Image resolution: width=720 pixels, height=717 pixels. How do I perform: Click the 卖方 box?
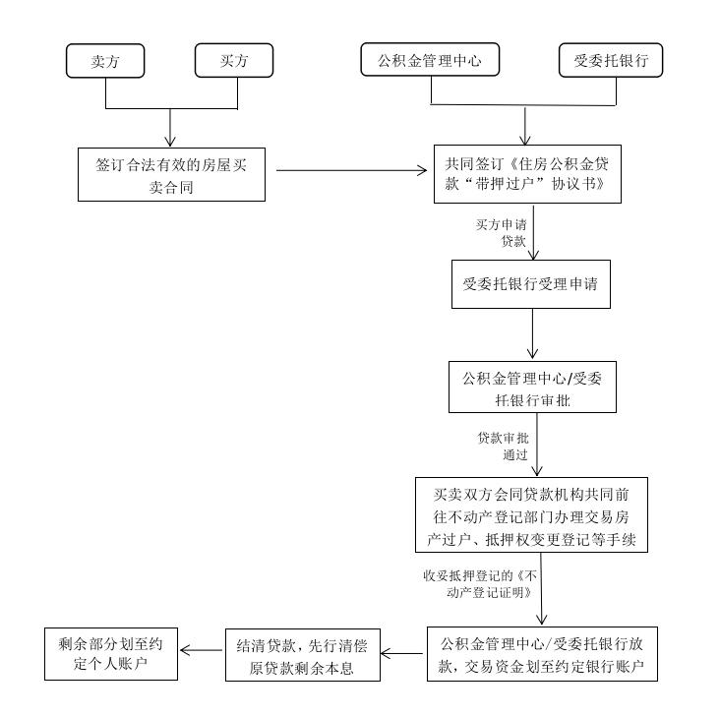(105, 61)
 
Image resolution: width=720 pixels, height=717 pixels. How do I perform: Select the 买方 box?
(234, 60)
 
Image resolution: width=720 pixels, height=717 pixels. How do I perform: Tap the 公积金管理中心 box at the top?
(430, 59)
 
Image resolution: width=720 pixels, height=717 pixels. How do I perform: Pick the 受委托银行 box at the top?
(611, 60)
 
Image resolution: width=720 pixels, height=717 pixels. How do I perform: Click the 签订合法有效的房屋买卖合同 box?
(171, 174)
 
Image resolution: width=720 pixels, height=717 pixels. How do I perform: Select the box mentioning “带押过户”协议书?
(527, 174)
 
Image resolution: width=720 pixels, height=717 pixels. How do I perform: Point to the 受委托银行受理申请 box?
(531, 284)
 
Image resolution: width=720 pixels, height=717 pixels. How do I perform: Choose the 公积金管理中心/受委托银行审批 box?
(532, 387)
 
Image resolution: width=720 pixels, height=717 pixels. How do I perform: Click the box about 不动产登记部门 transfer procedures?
(531, 514)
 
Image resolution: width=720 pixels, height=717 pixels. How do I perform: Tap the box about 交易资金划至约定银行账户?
(542, 654)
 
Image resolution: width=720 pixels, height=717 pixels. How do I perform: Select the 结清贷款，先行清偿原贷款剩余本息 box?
(303, 655)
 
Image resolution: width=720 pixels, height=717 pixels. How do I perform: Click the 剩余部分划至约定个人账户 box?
(111, 654)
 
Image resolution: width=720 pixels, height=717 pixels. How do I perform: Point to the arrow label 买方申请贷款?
(502, 233)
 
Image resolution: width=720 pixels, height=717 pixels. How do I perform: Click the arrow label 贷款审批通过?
(504, 447)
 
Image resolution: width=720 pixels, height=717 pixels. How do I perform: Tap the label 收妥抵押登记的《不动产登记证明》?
(480, 584)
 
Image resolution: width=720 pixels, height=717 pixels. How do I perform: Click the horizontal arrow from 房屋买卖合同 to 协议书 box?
(352, 170)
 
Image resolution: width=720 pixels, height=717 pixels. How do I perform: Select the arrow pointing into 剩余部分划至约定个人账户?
(201, 650)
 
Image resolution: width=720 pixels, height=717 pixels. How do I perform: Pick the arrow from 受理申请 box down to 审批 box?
(533, 333)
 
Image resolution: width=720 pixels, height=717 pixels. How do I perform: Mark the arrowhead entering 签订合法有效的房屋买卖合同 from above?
(170, 142)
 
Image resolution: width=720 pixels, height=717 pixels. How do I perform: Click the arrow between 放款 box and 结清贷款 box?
(401, 654)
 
